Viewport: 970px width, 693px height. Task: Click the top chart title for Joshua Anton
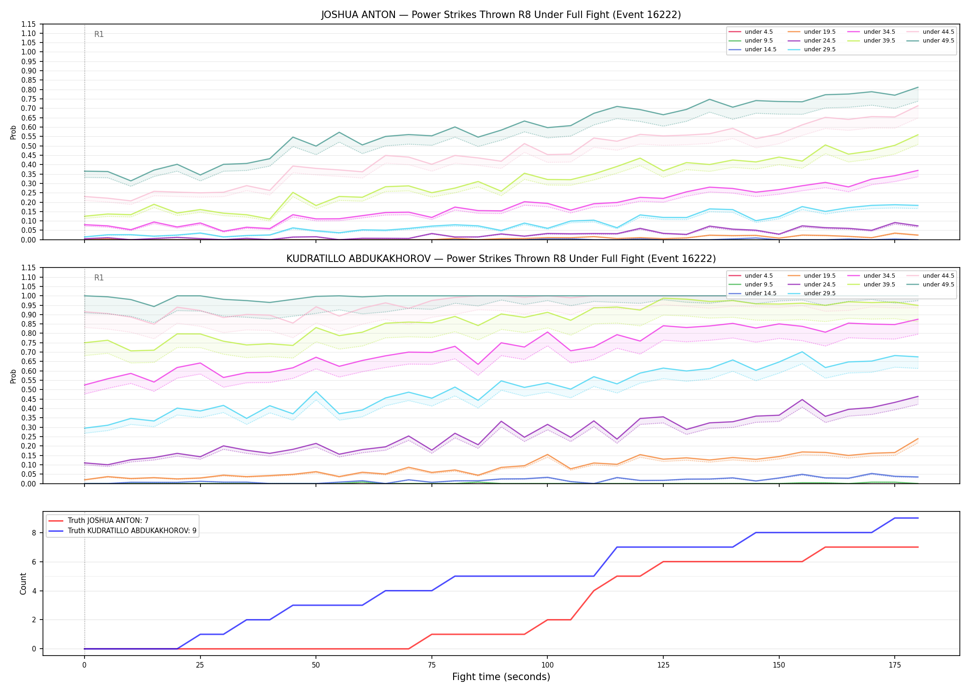(501, 15)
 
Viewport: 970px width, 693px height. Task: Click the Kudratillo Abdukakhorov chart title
(501, 259)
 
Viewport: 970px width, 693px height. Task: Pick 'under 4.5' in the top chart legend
(759, 32)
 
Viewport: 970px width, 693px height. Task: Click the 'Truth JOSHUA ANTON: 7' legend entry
(108, 521)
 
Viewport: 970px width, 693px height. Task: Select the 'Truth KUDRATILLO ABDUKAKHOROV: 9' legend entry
(132, 531)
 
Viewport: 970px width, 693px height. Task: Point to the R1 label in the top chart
(99, 34)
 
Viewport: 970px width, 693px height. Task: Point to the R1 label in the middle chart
(99, 278)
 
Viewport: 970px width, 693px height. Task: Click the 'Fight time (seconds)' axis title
(501, 677)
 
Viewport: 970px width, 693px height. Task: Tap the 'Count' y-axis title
(23, 584)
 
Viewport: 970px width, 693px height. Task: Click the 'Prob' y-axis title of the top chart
(13, 132)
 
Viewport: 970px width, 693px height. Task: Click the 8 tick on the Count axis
(34, 533)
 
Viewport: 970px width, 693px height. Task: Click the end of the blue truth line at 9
(918, 518)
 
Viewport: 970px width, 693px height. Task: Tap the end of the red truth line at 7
(918, 547)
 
